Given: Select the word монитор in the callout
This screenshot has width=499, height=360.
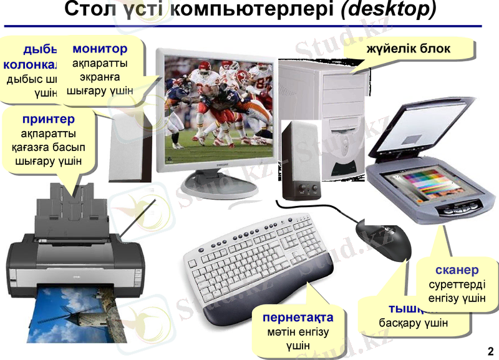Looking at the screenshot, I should (x=100, y=49).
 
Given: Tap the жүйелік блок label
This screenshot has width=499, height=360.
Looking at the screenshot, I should (x=409, y=49).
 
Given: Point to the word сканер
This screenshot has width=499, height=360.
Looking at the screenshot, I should (x=457, y=270).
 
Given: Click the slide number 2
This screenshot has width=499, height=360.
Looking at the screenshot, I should (x=490, y=349).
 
